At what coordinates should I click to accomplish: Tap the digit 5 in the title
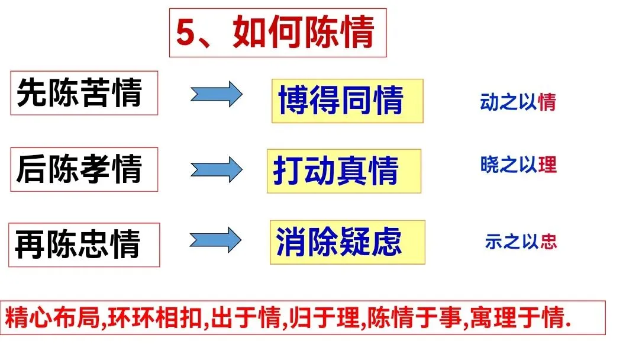coord(186,34)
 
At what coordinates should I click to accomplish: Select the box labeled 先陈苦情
coord(84,93)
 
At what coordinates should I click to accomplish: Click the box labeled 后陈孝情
coord(84,169)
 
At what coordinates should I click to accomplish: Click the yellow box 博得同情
coord(347,101)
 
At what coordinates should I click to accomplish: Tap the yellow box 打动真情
coord(344,171)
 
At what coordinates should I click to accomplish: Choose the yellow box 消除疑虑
coord(347,242)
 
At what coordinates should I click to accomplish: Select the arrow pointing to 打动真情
coord(216,170)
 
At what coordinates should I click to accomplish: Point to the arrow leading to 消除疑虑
coord(215,241)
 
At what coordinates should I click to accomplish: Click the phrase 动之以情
coord(518,102)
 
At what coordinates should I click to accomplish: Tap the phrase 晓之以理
coord(518,165)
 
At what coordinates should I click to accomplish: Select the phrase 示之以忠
coord(521,242)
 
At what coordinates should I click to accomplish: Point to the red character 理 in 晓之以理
coord(548,165)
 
